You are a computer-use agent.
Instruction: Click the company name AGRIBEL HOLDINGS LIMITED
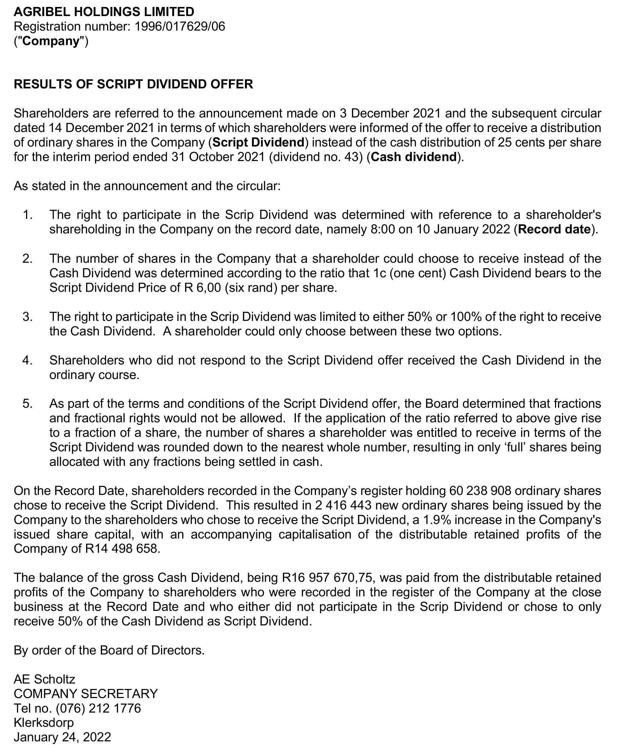click(104, 12)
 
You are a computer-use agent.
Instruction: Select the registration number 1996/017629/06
click(180, 27)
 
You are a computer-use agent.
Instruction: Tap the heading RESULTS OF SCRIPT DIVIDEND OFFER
click(133, 84)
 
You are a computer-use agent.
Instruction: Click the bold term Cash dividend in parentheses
click(414, 157)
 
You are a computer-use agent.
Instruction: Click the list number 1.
click(27, 215)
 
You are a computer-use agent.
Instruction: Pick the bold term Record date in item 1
click(554, 229)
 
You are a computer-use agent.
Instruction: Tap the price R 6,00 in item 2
click(202, 288)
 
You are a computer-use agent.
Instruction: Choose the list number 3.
click(27, 317)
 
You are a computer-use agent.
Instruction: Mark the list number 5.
click(27, 404)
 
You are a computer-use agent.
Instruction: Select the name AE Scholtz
click(45, 679)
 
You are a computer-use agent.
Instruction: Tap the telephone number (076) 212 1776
click(98, 708)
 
